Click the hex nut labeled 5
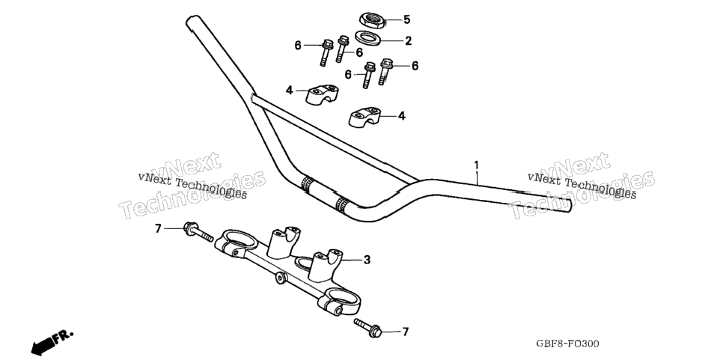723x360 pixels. pyautogui.click(x=372, y=19)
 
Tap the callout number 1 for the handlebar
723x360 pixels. pyautogui.click(x=476, y=165)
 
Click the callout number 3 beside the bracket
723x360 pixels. pyautogui.click(x=367, y=260)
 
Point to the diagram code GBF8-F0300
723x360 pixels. pyautogui.click(x=567, y=344)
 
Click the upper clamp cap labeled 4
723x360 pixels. pyautogui.click(x=322, y=94)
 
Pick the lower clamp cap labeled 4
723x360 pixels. pyautogui.click(x=364, y=117)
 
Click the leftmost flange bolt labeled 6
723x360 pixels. pyautogui.click(x=326, y=52)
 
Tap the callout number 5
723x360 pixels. pyautogui.click(x=406, y=19)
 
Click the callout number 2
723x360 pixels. pyautogui.click(x=408, y=41)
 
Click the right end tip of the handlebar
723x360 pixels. pyautogui.click(x=570, y=206)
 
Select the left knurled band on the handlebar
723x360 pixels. pyautogui.click(x=307, y=183)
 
